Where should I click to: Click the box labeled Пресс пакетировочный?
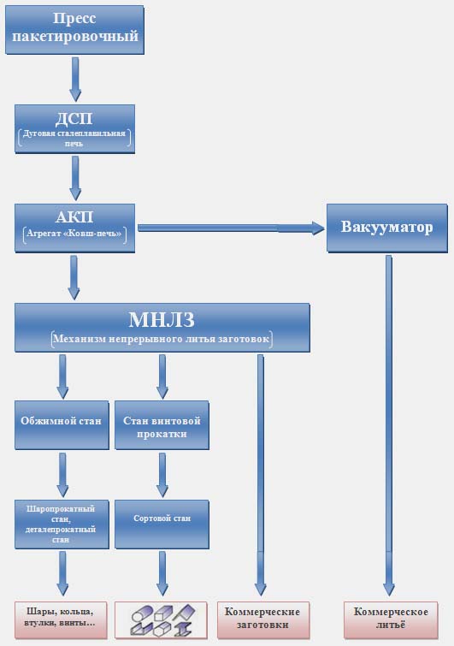74,30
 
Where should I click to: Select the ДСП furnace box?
74,129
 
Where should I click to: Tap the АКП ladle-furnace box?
74,228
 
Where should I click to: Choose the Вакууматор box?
387,228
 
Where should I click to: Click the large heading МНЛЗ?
162,320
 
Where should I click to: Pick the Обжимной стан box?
62,425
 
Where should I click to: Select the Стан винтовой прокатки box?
162,425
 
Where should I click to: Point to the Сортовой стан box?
162,525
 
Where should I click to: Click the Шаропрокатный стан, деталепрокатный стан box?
62,525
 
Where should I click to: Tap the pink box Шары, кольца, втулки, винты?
61,620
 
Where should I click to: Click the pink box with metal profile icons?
161,620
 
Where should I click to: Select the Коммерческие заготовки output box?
263,620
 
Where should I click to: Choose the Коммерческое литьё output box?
391,620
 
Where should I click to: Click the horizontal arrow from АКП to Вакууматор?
231,228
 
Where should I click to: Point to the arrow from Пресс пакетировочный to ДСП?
75,79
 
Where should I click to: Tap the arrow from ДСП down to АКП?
75,178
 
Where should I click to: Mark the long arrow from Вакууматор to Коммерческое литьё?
389,425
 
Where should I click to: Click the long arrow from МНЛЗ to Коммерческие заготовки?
261,475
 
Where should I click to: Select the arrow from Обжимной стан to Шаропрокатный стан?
62,475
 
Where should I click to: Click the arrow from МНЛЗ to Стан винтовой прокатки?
162,376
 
